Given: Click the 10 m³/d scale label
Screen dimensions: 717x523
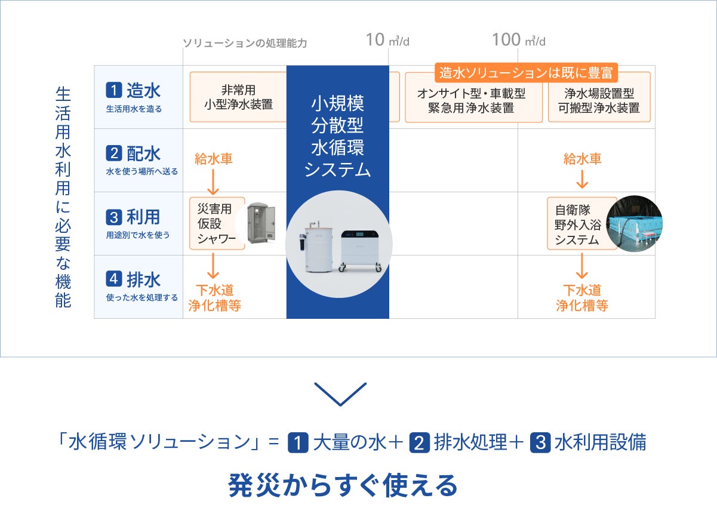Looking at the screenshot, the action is click(387, 41).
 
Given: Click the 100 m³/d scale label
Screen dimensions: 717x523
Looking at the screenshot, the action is click(518, 41).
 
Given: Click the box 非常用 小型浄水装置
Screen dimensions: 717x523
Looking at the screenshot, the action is click(238, 97).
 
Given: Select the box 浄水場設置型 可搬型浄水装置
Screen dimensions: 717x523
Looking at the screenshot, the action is click(599, 100).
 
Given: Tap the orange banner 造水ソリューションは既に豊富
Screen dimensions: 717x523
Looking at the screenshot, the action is click(526, 73).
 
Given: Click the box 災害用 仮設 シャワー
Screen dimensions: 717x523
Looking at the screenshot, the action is click(217, 224).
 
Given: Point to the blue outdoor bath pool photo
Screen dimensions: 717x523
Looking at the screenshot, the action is click(634, 223).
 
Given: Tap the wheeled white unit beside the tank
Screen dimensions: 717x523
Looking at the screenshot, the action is click(361, 249).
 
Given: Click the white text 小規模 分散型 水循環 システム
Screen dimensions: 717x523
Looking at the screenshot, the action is click(337, 136).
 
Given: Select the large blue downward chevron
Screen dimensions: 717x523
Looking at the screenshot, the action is click(340, 394).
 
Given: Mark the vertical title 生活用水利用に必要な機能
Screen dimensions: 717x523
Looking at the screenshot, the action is click(63, 198).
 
